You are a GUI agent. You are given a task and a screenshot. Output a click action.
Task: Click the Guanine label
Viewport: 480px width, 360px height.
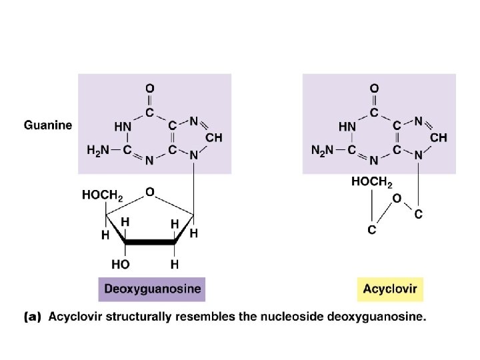click(x=48, y=125)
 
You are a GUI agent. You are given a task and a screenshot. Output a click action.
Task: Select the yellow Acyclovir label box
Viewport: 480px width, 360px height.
click(x=390, y=289)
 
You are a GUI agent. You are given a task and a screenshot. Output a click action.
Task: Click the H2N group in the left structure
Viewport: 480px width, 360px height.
click(x=99, y=150)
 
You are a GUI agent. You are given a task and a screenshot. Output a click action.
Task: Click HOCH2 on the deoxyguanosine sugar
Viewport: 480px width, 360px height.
click(x=103, y=195)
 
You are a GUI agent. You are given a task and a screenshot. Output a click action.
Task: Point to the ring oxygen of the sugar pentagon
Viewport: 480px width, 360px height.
click(x=150, y=192)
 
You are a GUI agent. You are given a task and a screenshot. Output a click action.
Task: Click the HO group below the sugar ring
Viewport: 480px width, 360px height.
click(x=121, y=264)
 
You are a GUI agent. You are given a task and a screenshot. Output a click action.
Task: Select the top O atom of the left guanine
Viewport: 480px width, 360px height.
click(x=150, y=88)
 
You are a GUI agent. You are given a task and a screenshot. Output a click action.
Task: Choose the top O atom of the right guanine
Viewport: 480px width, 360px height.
click(x=375, y=88)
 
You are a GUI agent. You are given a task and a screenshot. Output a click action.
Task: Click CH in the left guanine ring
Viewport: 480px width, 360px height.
click(x=213, y=137)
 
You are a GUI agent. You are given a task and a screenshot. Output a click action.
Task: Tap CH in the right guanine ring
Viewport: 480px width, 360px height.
click(x=438, y=137)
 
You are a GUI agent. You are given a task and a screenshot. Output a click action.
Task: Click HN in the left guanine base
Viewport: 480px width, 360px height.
click(x=123, y=126)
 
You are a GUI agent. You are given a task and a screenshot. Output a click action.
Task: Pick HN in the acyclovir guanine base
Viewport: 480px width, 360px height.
click(x=347, y=126)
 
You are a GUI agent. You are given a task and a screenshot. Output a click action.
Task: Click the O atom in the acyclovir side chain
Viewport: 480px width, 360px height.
click(x=397, y=198)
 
